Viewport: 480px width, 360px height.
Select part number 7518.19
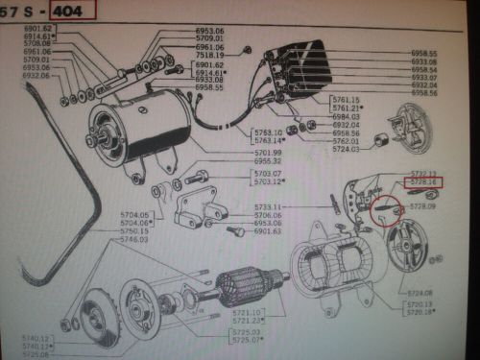click(209, 56)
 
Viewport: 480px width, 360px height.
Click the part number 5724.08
click(422, 294)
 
